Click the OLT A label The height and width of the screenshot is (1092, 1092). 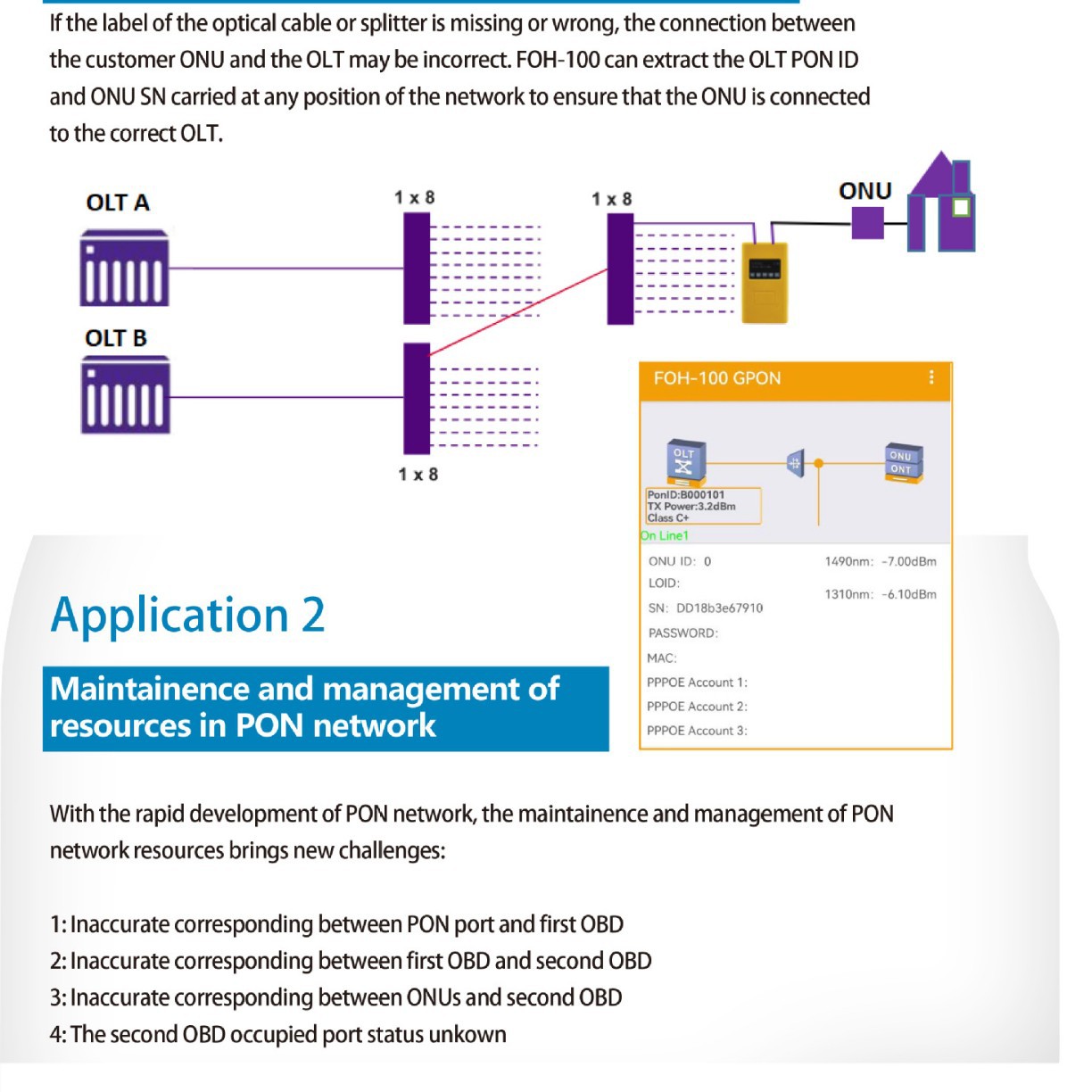pyautogui.click(x=118, y=203)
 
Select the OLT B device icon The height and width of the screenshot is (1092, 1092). pyautogui.click(x=125, y=395)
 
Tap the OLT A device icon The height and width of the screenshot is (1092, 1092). pyautogui.click(x=124, y=269)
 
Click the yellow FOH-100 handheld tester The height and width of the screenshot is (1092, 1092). pyautogui.click(x=765, y=282)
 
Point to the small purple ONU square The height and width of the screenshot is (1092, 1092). pyautogui.click(x=867, y=223)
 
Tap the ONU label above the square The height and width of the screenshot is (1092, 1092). pyautogui.click(x=864, y=191)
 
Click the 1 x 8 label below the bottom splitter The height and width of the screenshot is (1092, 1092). pyautogui.click(x=418, y=474)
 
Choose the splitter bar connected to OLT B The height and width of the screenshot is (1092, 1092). pyautogui.click(x=417, y=398)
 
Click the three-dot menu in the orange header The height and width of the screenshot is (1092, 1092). pyautogui.click(x=931, y=377)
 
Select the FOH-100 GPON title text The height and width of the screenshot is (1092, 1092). pyautogui.click(x=716, y=378)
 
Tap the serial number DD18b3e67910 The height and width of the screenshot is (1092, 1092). pyautogui.click(x=719, y=608)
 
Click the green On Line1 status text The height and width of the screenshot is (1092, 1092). pyautogui.click(x=665, y=535)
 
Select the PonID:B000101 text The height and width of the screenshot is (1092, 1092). pyautogui.click(x=686, y=494)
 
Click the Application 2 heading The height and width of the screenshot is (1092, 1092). pyautogui.click(x=187, y=615)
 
